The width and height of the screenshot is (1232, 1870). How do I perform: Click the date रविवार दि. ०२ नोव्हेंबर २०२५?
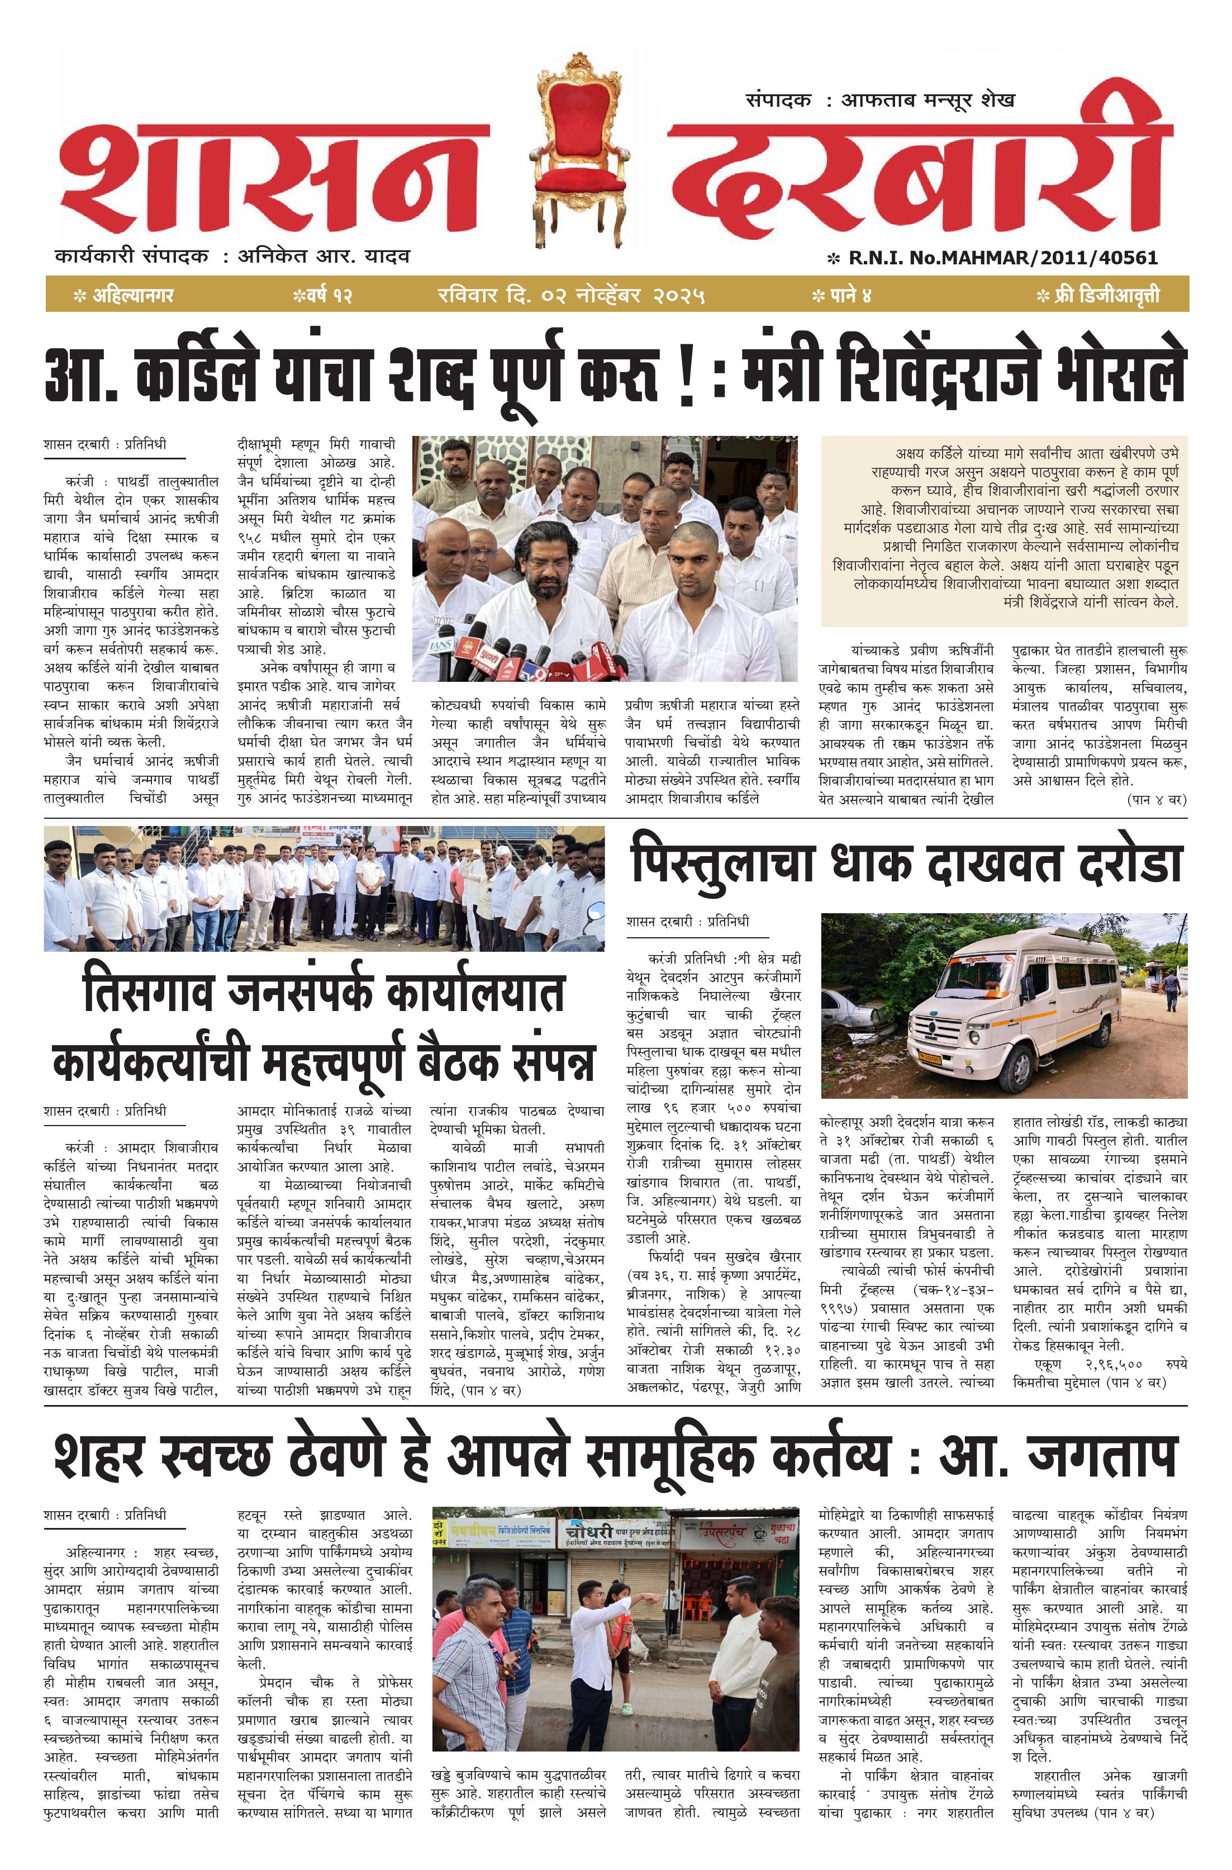point(571,296)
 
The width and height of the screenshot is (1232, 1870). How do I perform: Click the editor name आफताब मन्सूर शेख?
point(927,100)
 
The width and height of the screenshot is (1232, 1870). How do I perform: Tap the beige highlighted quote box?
point(1003,530)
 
